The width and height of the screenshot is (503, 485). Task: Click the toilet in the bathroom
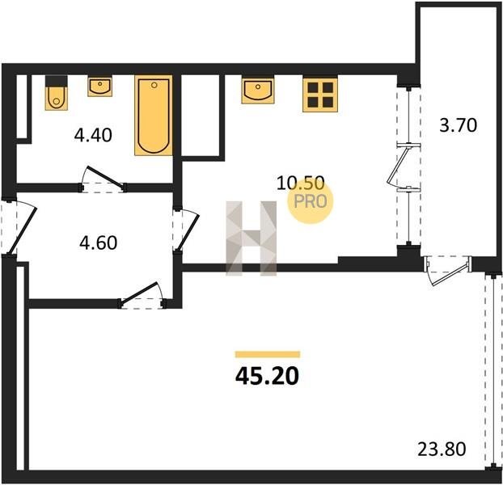(x=57, y=93)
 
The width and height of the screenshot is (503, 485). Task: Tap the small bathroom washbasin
(x=99, y=86)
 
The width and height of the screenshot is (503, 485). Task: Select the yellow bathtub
(x=154, y=116)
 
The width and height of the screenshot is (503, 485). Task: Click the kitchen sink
(x=258, y=90)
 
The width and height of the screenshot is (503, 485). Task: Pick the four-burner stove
(x=320, y=95)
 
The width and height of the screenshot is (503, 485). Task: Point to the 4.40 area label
(x=93, y=135)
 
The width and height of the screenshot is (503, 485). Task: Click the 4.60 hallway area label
(x=98, y=243)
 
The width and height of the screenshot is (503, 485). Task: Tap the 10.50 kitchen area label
(x=301, y=183)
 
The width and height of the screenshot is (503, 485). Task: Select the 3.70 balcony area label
(x=458, y=125)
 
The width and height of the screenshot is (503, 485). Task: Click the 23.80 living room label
(x=442, y=449)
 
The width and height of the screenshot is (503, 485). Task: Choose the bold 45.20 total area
(x=267, y=376)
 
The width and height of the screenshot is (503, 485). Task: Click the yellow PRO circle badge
(x=311, y=200)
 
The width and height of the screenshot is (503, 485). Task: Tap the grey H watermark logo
(x=251, y=238)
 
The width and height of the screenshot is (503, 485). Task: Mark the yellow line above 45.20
(x=268, y=354)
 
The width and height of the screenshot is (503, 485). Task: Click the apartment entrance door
(x=19, y=226)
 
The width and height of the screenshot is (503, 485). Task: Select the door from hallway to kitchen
(x=186, y=230)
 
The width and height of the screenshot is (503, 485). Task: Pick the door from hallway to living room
(x=142, y=296)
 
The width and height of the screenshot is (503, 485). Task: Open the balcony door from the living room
(x=448, y=270)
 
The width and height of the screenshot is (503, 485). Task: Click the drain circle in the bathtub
(x=154, y=85)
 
